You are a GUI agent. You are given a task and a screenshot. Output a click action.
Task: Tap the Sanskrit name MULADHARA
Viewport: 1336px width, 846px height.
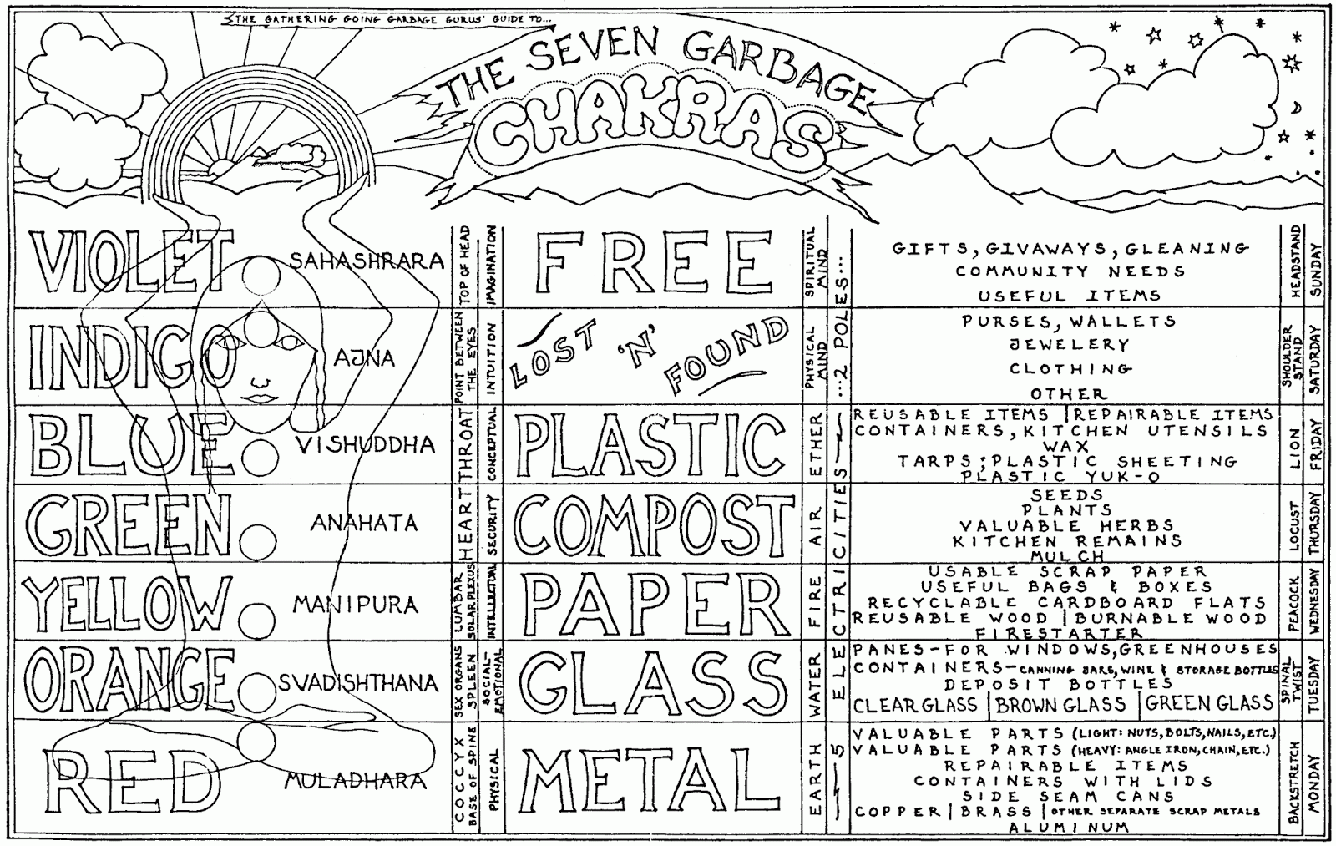pos(355,781)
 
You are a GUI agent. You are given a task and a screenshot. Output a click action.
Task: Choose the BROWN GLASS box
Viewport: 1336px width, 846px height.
pos(1060,704)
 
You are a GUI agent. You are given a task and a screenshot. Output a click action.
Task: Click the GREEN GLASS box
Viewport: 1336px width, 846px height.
pos(1209,704)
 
